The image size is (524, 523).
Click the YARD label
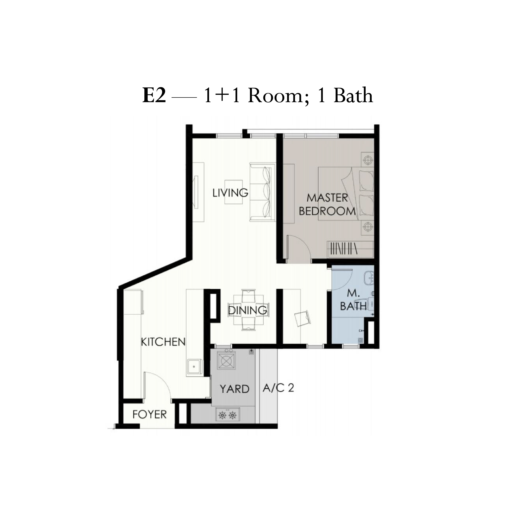pos(235,389)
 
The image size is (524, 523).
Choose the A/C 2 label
pos(278,388)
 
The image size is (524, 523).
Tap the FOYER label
pos(149,414)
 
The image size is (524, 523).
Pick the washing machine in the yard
pos(226,359)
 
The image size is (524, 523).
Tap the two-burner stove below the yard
pos(228,415)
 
